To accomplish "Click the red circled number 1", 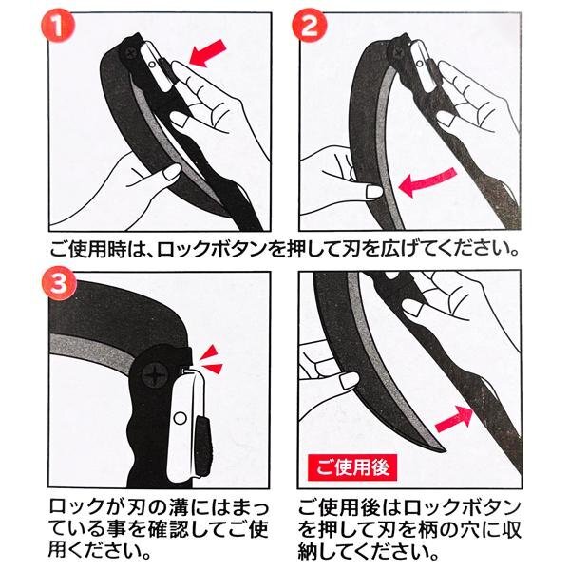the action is pos(58,26).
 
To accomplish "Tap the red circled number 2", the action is pos(310,26).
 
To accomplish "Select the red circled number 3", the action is pos(59,284).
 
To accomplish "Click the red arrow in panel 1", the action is pos(208,53).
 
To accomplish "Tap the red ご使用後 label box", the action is pos(352,467).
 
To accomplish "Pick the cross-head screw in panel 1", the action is pos(130,55).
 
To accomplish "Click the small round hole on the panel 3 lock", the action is pos(180,418).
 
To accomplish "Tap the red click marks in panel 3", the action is pos(212,360).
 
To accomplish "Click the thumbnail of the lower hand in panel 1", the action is pos(172,171).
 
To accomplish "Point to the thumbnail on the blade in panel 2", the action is pos(375,192).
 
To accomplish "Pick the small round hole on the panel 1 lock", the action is pos(152,65).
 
